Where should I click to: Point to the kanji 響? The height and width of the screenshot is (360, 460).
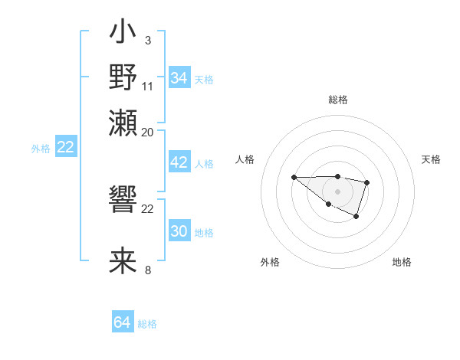pyautogui.click(x=123, y=201)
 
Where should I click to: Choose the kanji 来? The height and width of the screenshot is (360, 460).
pyautogui.click(x=123, y=260)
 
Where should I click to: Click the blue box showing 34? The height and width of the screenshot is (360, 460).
pyautogui.click(x=179, y=78)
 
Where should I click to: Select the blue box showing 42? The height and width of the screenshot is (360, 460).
pyautogui.click(x=179, y=162)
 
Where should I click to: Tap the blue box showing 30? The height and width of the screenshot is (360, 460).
pyautogui.click(x=179, y=231)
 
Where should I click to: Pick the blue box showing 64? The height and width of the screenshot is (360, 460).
pyautogui.click(x=123, y=322)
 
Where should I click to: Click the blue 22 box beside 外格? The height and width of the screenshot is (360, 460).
pyautogui.click(x=65, y=147)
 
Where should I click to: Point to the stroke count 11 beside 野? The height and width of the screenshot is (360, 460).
pyautogui.click(x=148, y=86)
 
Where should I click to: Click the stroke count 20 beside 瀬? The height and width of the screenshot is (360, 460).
pyautogui.click(x=148, y=131)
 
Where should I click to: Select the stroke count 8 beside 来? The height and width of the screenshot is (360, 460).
pyautogui.click(x=148, y=270)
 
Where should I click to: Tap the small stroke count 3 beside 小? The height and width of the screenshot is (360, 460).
pyautogui.click(x=147, y=40)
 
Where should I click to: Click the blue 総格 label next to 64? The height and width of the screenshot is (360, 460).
pyautogui.click(x=148, y=324)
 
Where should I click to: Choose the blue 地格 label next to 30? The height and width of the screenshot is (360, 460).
pyautogui.click(x=205, y=233)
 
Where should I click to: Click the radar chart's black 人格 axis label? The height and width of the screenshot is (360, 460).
pyautogui.click(x=245, y=159)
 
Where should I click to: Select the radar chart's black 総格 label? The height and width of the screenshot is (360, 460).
pyautogui.click(x=337, y=100)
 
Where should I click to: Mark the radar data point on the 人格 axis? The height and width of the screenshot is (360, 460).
pyautogui.click(x=294, y=177)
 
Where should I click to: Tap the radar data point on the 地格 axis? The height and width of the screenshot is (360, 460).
pyautogui.click(x=356, y=217)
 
